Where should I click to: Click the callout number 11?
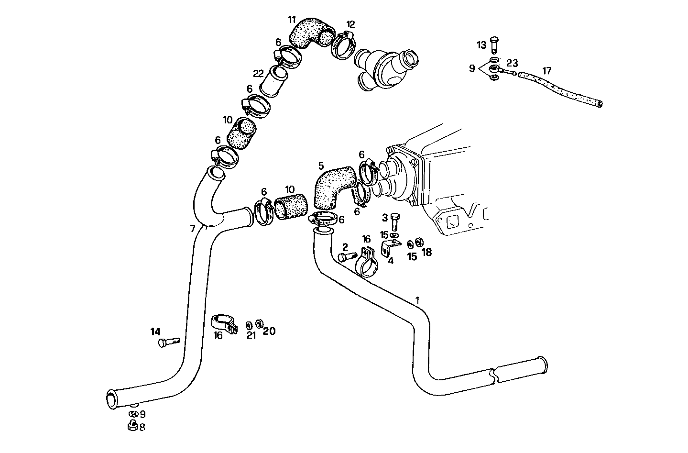(292, 20)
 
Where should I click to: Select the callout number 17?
(546, 71)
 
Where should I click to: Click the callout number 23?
(512, 63)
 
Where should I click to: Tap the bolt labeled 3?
(394, 222)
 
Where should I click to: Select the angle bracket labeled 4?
(390, 248)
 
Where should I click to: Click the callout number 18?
(426, 252)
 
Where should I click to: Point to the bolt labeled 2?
(348, 257)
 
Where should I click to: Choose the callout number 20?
(269, 331)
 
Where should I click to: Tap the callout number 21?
(251, 335)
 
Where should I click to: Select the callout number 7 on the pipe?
(193, 229)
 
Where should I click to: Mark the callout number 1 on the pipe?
(417, 300)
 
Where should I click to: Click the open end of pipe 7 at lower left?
(111, 398)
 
